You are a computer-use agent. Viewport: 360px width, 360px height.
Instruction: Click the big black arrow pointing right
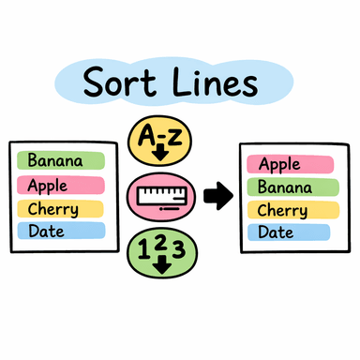[217, 195]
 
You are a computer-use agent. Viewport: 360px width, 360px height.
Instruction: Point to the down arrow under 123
[163, 264]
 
